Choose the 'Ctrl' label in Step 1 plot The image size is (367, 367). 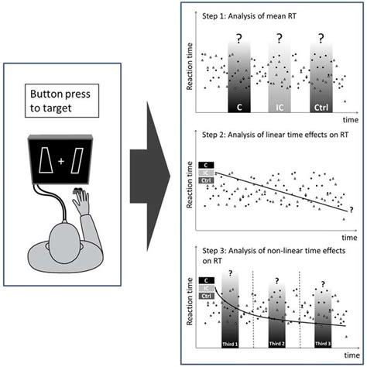(325, 105)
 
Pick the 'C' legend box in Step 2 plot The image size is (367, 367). (206, 164)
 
